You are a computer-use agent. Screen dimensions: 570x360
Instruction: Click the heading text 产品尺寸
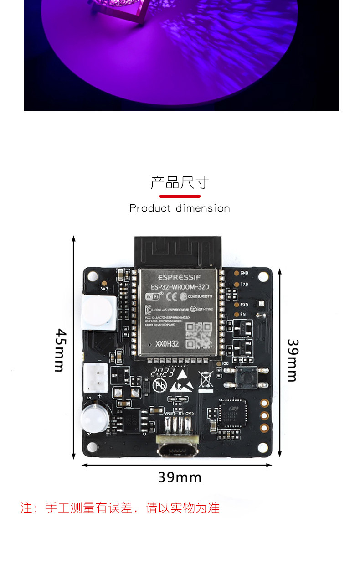tap(180, 183)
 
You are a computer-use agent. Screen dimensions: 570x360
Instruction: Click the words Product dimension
tap(180, 208)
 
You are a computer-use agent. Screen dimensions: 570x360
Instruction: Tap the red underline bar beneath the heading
tap(180, 196)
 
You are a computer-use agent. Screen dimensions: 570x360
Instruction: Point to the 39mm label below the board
tap(180, 477)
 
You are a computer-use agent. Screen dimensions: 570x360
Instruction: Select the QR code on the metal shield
tap(200, 335)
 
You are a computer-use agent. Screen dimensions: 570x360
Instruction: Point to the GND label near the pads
tap(244, 273)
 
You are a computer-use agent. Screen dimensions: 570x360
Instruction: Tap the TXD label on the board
tap(244, 284)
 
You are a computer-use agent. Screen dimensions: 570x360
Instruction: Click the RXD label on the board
tap(244, 305)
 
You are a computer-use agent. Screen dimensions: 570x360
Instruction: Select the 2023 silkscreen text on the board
tap(164, 372)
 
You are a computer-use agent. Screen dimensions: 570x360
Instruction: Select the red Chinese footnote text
tap(120, 508)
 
